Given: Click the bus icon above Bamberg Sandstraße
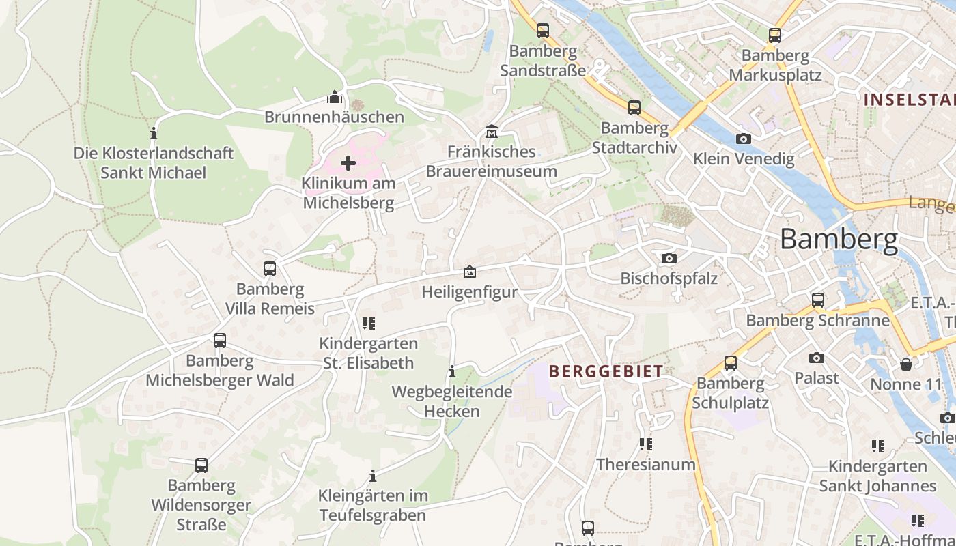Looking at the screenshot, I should [543, 31].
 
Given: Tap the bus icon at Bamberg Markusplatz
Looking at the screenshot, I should [774, 35].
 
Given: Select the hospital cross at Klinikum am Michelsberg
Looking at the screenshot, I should [348, 163].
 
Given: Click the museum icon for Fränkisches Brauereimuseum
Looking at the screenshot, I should [491, 130].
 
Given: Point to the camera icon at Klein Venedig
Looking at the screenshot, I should [744, 139].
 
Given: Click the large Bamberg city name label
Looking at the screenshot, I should [839, 240].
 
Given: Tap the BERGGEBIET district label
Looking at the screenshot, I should [606, 371].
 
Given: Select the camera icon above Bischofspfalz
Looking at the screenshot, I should [669, 258].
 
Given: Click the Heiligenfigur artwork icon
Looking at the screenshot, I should [470, 272].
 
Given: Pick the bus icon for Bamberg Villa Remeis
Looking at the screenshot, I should [270, 269].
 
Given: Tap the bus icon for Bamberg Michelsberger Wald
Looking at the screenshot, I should [220, 340].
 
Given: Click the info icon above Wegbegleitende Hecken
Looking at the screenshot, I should [451, 371].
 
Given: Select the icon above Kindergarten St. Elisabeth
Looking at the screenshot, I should [369, 323].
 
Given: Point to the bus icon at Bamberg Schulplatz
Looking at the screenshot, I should [731, 363].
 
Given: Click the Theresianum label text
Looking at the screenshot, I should [645, 464].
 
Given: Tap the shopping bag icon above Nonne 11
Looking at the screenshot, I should [906, 364].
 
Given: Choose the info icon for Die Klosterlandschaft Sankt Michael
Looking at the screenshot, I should [154, 132].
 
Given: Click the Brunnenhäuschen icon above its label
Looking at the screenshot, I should [335, 96].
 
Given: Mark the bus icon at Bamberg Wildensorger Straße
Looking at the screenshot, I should [201, 465].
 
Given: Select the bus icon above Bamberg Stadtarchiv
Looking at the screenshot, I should [634, 107].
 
